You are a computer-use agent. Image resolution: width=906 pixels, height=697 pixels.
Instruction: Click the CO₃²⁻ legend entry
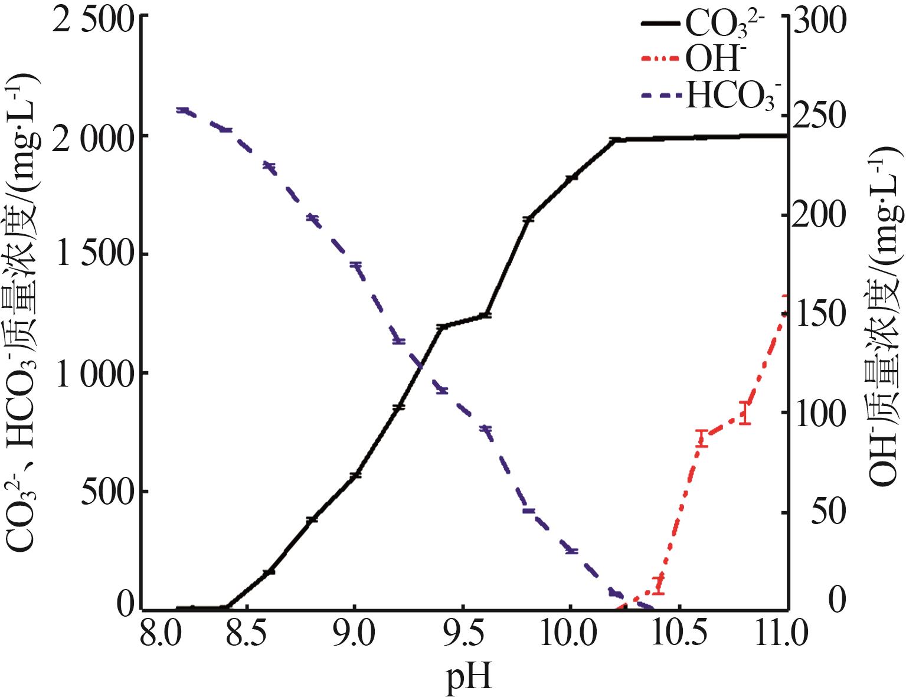(702, 25)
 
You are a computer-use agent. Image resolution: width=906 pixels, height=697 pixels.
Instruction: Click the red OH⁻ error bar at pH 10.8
(745, 413)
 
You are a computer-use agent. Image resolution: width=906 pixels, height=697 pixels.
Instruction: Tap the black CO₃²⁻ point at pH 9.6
(485, 315)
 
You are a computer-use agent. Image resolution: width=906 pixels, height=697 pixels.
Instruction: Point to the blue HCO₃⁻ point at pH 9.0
(355, 266)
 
